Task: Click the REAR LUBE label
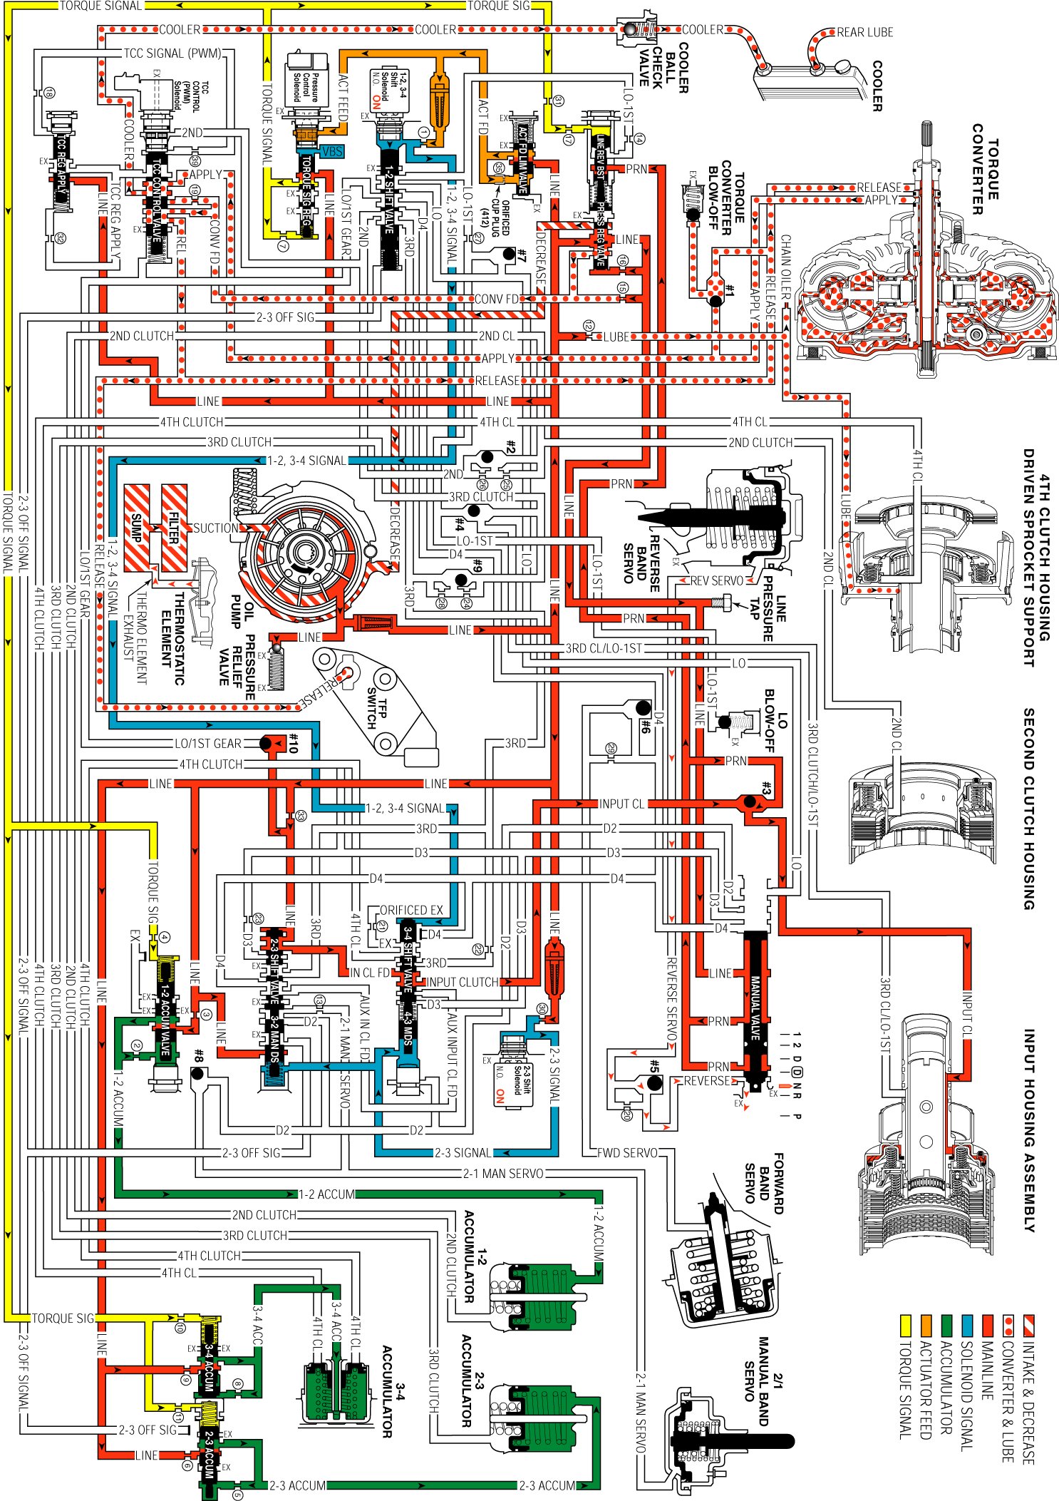coord(864,32)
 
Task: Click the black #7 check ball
coord(509,254)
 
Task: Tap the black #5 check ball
coord(654,1083)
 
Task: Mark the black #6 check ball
coord(644,708)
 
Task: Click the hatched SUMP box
coord(137,528)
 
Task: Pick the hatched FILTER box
coord(174,528)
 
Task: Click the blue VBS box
coord(332,151)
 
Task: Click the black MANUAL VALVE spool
coord(755,1005)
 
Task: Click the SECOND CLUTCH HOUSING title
coord(1028,809)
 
